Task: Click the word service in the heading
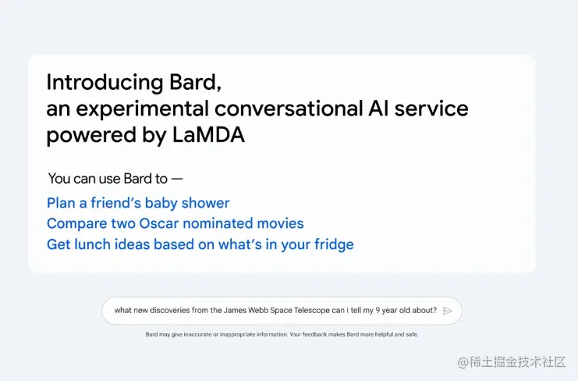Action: [431, 109]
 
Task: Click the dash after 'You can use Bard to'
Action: [176, 179]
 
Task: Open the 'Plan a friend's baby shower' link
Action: [138, 203]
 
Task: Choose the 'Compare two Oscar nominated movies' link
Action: [175, 223]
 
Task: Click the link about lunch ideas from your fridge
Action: [200, 244]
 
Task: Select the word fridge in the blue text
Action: [333, 244]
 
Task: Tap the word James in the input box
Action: [236, 310]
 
